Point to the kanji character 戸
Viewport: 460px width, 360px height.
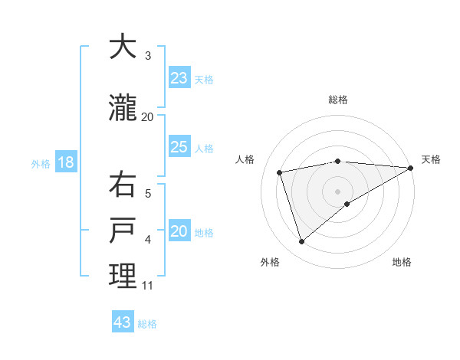point(123,231)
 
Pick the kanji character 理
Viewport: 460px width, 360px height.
point(123,276)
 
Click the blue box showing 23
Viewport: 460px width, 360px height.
point(179,78)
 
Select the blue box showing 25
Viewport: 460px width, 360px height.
point(179,147)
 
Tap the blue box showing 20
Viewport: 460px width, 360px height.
point(179,232)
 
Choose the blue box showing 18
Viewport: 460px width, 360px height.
point(65,162)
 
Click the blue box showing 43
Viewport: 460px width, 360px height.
point(123,322)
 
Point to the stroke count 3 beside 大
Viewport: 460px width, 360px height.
point(148,55)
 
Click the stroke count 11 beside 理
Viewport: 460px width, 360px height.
point(148,286)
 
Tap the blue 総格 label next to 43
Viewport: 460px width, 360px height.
point(147,324)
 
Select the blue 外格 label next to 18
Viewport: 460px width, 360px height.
point(41,164)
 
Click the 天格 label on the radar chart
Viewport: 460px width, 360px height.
point(431,159)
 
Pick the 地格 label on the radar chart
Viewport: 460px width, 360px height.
point(402,262)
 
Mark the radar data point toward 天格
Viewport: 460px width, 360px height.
point(411,168)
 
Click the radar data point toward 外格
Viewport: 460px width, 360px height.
point(301,242)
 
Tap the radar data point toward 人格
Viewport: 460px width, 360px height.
point(280,172)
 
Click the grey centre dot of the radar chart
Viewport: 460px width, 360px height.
point(338,190)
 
